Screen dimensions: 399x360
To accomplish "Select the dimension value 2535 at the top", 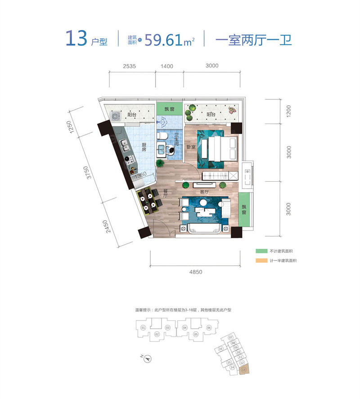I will click(129, 66).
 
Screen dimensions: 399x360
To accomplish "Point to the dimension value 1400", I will click(166, 66).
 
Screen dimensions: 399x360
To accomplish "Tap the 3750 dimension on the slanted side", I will click(90, 172).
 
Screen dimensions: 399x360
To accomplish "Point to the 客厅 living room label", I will click(204, 192).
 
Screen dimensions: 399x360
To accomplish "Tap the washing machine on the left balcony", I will click(116, 116).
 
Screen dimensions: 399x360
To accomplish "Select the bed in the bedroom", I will click(219, 148).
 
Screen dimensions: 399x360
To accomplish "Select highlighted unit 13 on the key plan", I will click(243, 370).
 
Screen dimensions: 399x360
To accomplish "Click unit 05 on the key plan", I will click(196, 334).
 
